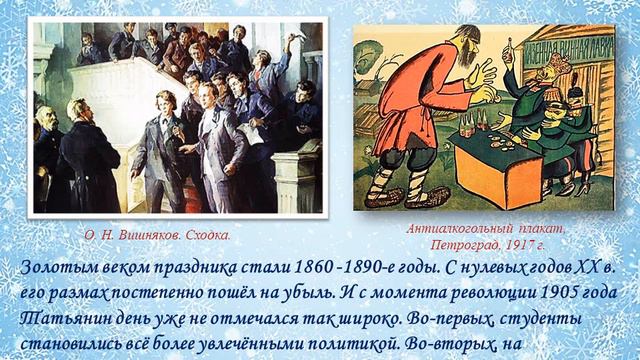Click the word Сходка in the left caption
point(207,236)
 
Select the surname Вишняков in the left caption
point(149,236)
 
